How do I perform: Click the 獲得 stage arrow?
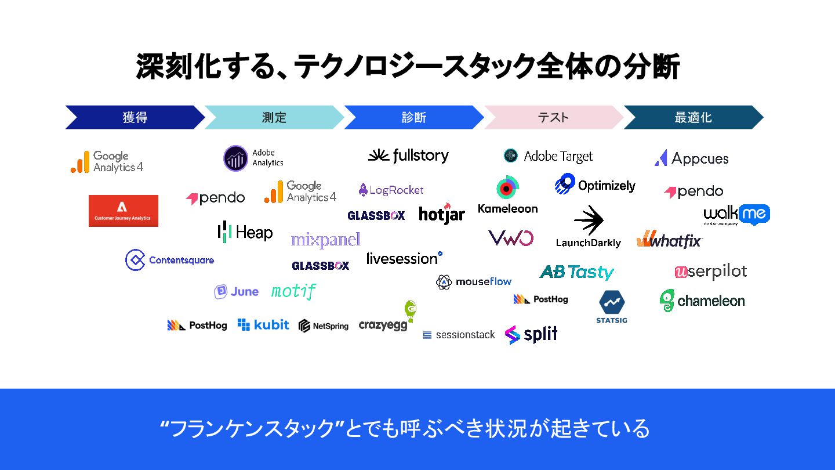pos(135,117)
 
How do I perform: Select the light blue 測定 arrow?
pos(274,117)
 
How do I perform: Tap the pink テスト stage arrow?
pos(553,117)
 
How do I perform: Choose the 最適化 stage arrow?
pos(692,117)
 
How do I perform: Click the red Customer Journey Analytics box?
pos(123,211)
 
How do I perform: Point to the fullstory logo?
pos(409,156)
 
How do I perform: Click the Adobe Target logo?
pos(549,156)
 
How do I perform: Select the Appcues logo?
pos(691,158)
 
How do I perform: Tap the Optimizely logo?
pos(595,185)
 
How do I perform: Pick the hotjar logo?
pos(442,214)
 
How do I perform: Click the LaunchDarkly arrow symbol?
pos(589,220)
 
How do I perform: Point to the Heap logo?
pos(245,232)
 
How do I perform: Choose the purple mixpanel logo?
pos(325,240)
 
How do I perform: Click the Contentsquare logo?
pos(169,260)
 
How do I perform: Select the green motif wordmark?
pos(293,291)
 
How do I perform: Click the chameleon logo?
pos(702,301)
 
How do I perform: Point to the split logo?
pos(531,334)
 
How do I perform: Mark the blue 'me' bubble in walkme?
pos(754,214)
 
